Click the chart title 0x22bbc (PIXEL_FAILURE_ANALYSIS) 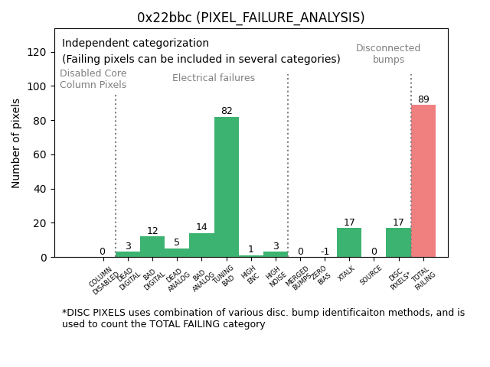coord(250,18)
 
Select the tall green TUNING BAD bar coord(227,187)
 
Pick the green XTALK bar coord(349,242)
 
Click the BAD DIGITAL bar coord(152,247)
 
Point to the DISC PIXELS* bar coord(398,242)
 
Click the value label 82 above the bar coord(227,112)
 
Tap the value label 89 coord(423,99)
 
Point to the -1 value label coord(325,252)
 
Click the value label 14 coord(201,228)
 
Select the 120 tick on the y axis coord(38,52)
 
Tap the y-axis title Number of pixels coord(17,143)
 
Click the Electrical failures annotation coord(214,78)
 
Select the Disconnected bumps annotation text coord(388,54)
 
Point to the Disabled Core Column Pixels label coord(93,79)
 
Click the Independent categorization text coord(136,44)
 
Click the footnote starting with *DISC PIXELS coord(263,318)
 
